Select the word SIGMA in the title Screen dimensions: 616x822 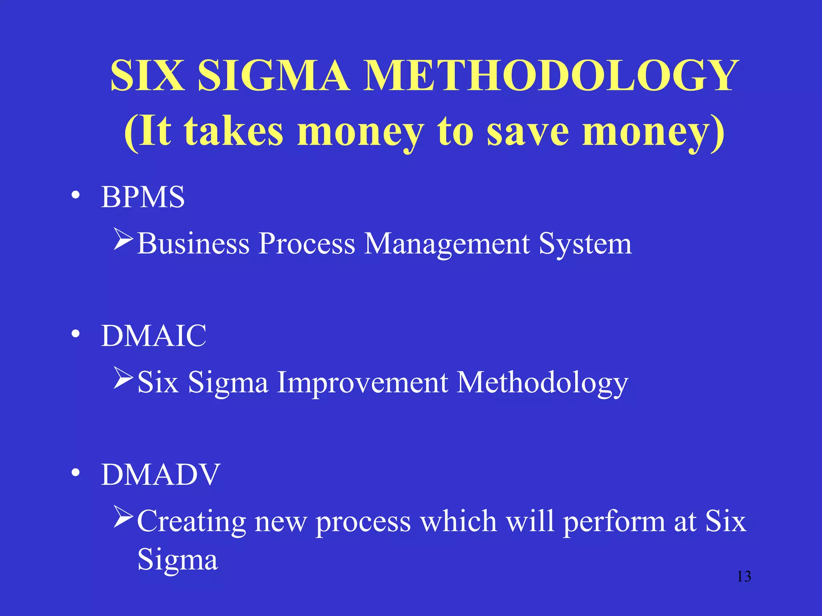[x=273, y=76]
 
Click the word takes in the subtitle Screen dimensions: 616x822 [x=234, y=131]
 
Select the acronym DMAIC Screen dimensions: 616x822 [x=154, y=336]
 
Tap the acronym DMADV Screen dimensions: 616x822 [x=161, y=474]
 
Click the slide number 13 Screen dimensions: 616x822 [x=744, y=576]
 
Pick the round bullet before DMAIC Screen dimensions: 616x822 [x=75, y=334]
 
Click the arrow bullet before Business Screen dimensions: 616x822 [x=123, y=239]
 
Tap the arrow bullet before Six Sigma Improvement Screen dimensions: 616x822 [x=123, y=378]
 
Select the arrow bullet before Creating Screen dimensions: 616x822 [x=123, y=517]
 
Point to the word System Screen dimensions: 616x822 [x=585, y=244]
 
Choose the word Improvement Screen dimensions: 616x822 [x=362, y=382]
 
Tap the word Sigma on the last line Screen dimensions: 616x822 [x=177, y=559]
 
